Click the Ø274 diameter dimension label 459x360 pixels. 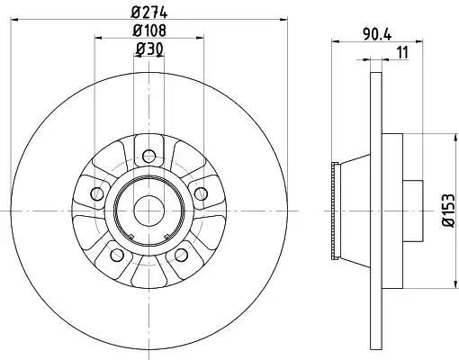(149, 12)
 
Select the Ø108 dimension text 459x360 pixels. (149, 31)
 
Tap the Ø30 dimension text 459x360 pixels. (149, 49)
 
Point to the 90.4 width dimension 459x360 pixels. (377, 34)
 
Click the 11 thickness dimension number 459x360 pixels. (403, 52)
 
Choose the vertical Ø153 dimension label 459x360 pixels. (449, 211)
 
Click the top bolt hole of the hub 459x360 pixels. (149, 156)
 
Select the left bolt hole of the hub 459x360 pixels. (96, 193)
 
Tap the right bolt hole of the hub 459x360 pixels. (201, 193)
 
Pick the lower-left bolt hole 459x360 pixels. (117, 255)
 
